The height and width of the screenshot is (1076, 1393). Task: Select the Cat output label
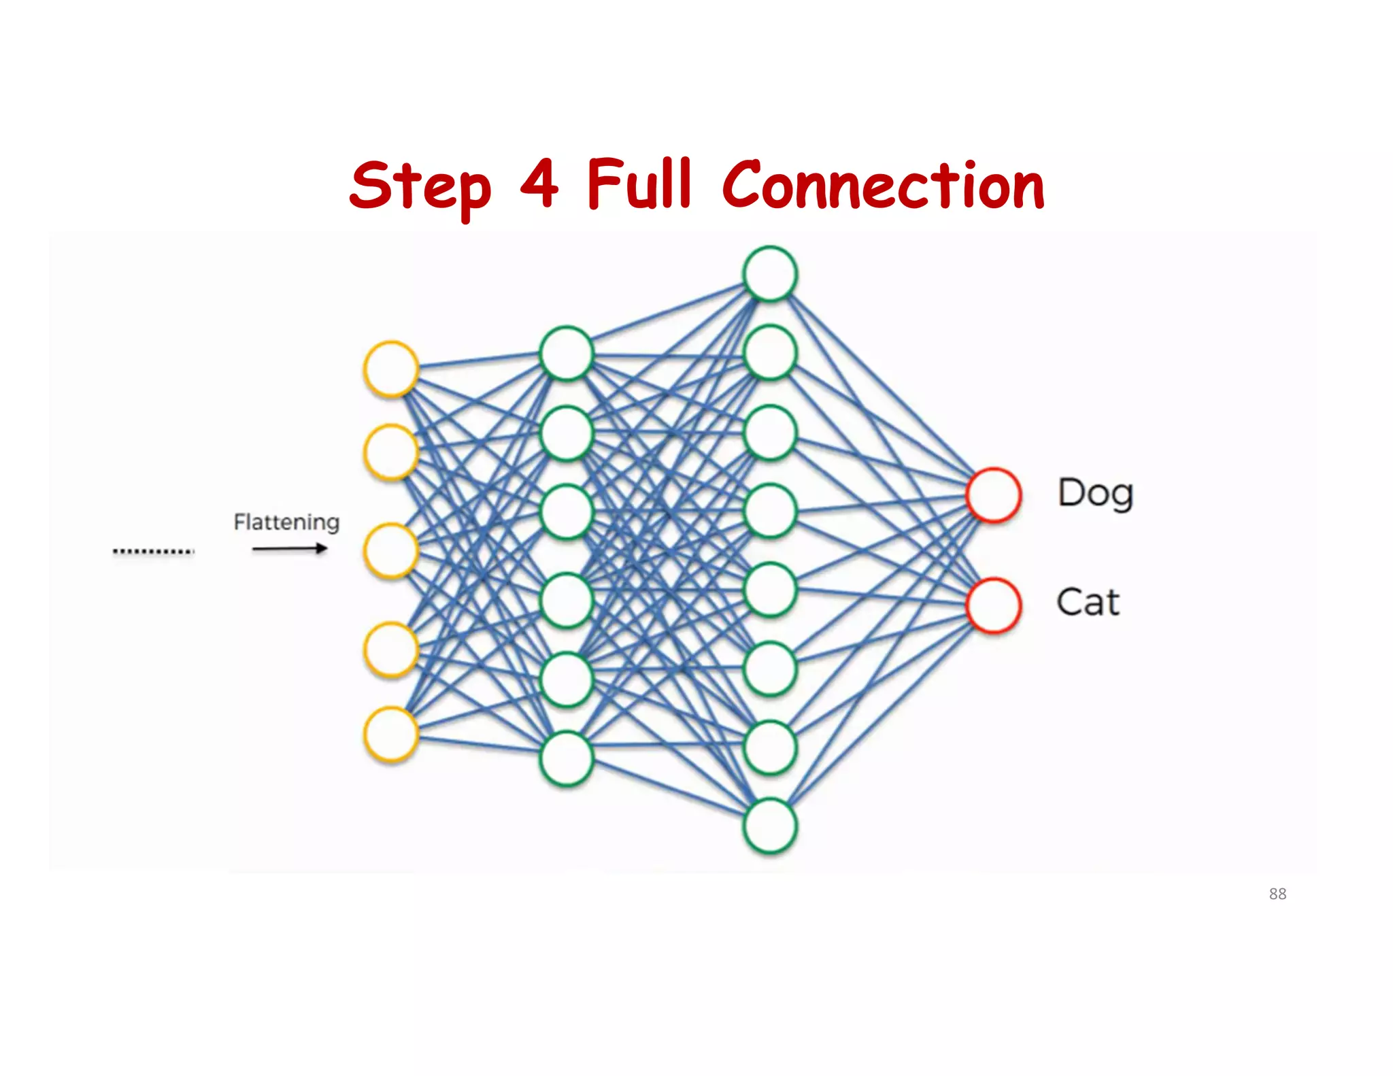tap(1088, 603)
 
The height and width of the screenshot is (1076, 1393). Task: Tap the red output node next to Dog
tap(993, 495)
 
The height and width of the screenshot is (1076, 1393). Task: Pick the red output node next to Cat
tap(993, 605)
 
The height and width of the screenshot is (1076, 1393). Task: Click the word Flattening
tap(286, 522)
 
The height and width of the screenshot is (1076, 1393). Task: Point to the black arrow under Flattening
tap(290, 549)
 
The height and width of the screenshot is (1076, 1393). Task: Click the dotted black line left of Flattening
tap(154, 551)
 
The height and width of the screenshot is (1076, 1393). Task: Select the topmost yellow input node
tap(391, 369)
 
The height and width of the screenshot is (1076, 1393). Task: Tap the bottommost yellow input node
tap(391, 735)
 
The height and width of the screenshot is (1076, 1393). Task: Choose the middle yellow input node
tap(391, 551)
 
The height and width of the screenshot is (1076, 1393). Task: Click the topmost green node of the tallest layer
tap(770, 273)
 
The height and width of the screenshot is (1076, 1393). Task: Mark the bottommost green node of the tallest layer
tap(770, 826)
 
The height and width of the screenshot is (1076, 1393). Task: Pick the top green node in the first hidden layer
tap(567, 354)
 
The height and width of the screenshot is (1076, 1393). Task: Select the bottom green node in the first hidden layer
tap(567, 758)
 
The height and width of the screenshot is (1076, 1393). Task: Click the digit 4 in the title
tap(539, 184)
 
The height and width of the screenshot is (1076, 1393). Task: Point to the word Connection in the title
tap(883, 185)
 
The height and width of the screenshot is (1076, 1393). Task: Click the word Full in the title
tap(639, 184)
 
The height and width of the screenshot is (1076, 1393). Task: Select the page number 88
tap(1277, 894)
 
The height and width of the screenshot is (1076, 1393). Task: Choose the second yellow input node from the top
tap(391, 452)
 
